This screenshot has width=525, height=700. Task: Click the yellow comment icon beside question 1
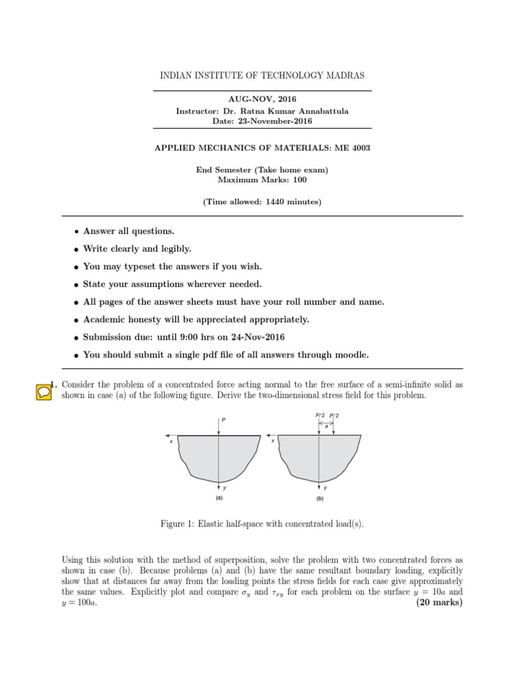coord(42,392)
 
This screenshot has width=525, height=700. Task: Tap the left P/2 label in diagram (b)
coord(319,415)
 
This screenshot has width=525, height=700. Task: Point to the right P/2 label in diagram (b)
coord(335,415)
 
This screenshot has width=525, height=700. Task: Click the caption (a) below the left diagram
coord(219,498)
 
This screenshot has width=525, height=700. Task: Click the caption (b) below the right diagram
coord(319,499)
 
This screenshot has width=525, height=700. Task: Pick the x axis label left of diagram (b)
coord(273,441)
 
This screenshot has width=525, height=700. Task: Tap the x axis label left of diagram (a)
coord(171,441)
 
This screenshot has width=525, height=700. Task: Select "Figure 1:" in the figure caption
coord(178,524)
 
